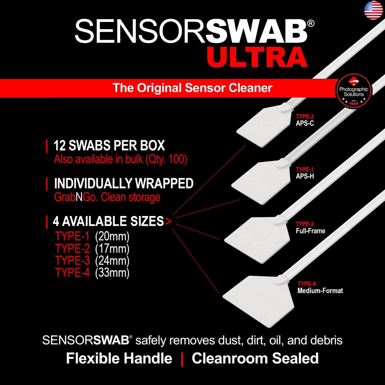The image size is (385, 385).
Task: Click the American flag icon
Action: [x=373, y=10]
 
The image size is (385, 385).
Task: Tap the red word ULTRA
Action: [x=257, y=57]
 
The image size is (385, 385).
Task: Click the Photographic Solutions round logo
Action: [x=353, y=91]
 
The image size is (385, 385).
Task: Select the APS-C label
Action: [x=305, y=123]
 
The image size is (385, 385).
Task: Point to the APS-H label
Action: [x=305, y=176]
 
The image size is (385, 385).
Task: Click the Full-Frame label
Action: [x=310, y=231]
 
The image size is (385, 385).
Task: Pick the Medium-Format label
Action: [x=320, y=291]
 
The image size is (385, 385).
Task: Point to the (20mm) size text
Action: [x=112, y=236]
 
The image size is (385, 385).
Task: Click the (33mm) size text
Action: [x=112, y=273]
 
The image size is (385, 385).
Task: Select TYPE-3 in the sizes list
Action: [x=72, y=261]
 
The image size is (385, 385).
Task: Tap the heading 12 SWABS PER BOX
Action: [x=109, y=146]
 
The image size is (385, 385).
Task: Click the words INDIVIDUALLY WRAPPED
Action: [x=124, y=183]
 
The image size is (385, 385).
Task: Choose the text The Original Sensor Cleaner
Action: [x=192, y=88]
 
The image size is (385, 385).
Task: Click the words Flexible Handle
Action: [x=119, y=358]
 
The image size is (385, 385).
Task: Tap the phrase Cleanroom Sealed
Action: [x=255, y=358]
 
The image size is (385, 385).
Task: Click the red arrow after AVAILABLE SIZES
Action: [x=168, y=221]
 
